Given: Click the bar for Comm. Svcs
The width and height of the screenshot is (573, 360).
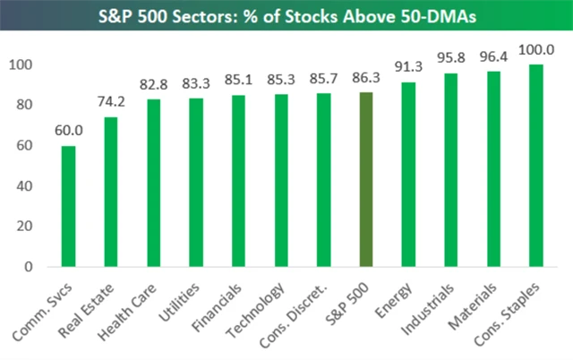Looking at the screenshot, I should [x=68, y=206].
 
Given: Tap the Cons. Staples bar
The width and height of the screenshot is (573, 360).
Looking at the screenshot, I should [x=535, y=166].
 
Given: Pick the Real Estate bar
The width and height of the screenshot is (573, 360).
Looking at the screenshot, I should [x=111, y=192].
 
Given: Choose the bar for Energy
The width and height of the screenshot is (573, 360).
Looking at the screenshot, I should [x=407, y=175].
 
